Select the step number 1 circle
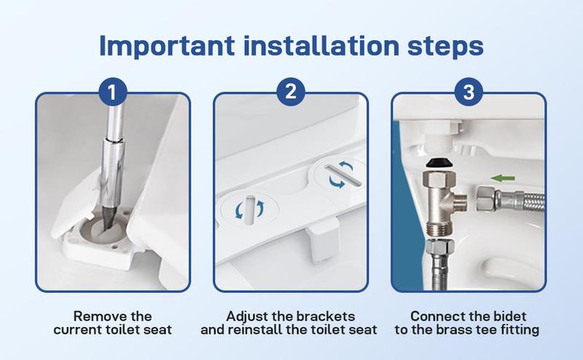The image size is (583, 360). click(x=113, y=93)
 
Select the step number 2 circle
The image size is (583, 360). click(x=291, y=93)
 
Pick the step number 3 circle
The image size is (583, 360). click(x=469, y=93)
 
